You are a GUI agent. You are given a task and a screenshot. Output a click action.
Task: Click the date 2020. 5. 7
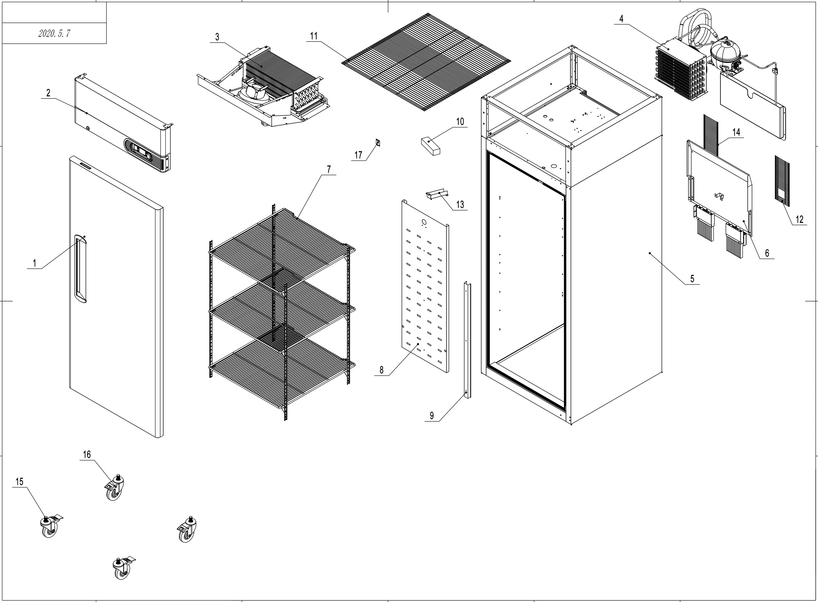[54, 33]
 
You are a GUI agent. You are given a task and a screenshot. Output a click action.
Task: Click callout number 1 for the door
[35, 263]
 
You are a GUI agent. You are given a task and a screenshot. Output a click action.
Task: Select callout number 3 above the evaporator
[217, 37]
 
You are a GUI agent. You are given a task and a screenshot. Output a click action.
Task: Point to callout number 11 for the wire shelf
[314, 36]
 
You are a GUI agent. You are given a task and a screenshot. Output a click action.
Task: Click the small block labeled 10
[430, 146]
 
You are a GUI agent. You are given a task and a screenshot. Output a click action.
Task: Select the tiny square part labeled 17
[378, 142]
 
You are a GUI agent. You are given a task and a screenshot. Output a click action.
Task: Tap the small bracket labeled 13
[437, 194]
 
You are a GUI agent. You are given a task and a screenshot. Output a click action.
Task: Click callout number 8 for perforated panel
[381, 370]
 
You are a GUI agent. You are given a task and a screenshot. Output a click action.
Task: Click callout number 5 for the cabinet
[692, 279]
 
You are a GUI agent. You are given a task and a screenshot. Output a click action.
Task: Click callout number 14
[736, 132]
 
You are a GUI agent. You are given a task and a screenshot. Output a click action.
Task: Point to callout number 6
[767, 253]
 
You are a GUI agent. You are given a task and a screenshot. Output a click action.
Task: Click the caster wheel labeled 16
[115, 489]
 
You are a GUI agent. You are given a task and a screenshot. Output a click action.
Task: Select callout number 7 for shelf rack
[329, 169]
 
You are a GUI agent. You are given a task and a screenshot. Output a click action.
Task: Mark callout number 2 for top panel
[48, 93]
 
